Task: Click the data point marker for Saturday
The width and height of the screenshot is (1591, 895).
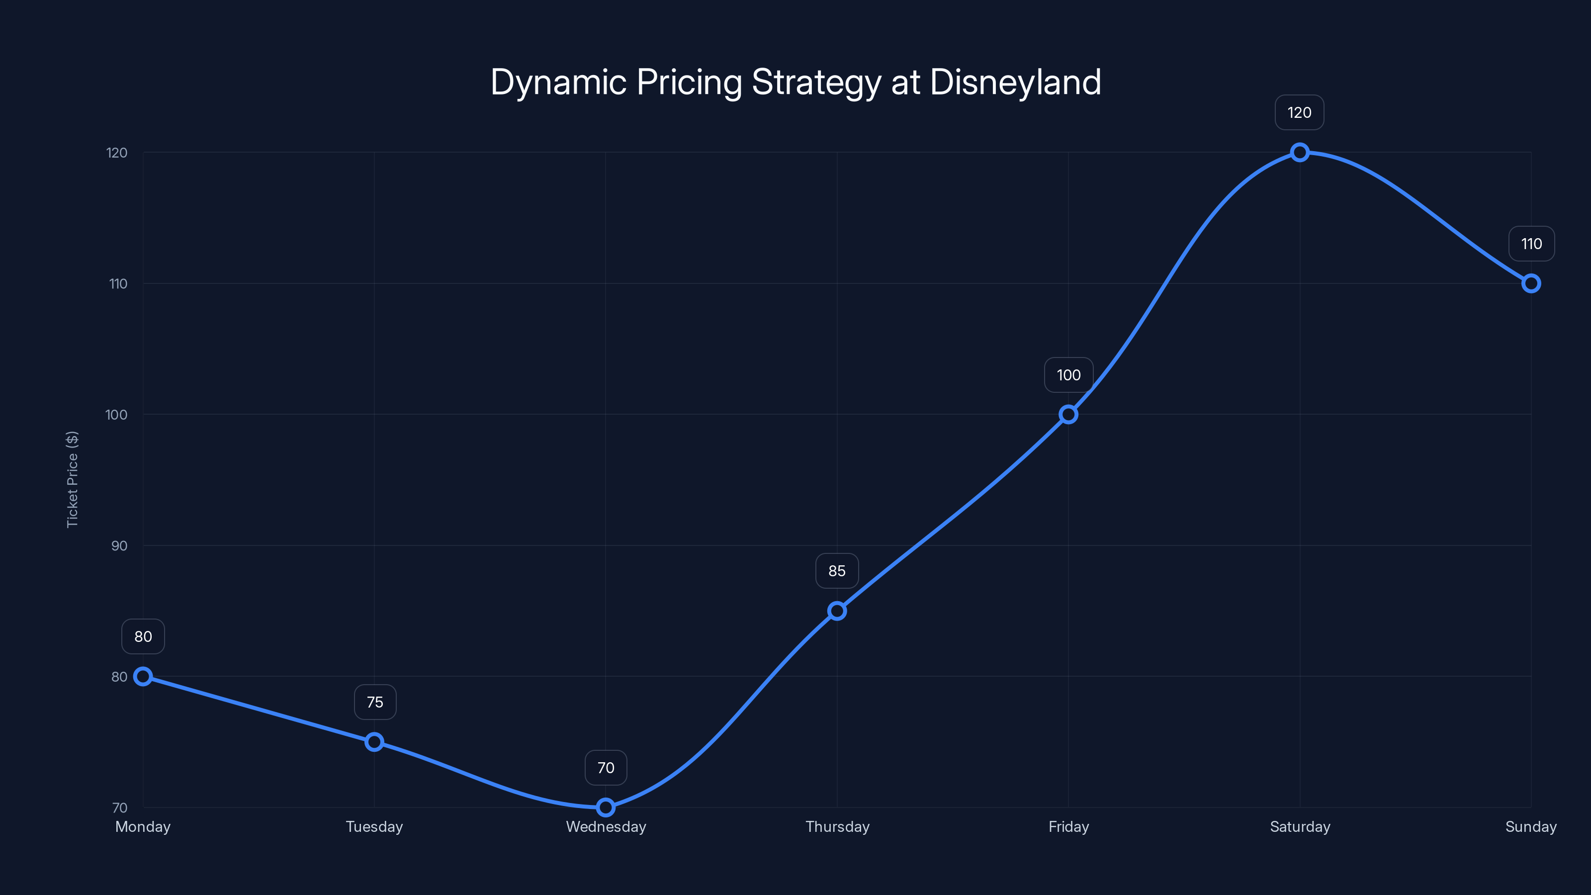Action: pos(1300,152)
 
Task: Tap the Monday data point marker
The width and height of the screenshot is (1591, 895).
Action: pos(143,676)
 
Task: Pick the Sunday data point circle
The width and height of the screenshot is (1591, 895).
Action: pos(1530,283)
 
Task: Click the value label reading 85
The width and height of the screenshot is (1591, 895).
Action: pos(836,571)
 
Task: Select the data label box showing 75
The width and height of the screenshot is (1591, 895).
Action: pos(374,702)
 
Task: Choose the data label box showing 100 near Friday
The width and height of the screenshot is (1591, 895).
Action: pos(1068,375)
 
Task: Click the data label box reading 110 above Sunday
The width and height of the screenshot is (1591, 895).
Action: pos(1531,244)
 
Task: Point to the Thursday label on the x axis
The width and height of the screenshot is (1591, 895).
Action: pos(837,826)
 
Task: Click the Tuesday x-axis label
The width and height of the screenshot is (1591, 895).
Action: pos(374,826)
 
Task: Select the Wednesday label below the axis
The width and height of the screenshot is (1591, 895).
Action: pos(605,826)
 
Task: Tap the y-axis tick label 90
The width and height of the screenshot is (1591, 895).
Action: pos(119,545)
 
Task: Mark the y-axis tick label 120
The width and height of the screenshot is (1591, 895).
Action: pos(117,153)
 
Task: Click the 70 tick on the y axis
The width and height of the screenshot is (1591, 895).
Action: pos(120,807)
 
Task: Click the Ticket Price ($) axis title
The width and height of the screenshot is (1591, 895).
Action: pos(72,479)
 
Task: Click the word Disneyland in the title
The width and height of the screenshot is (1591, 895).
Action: pos(1015,82)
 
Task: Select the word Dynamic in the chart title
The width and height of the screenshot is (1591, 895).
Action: pos(558,82)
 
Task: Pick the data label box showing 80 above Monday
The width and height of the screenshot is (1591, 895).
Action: pos(143,636)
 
